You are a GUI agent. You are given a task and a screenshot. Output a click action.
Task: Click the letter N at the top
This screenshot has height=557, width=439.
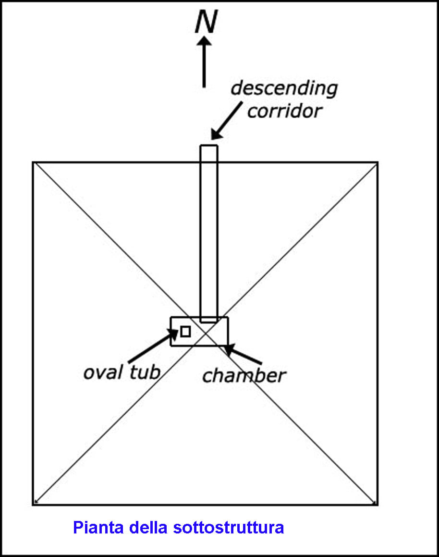click(x=206, y=23)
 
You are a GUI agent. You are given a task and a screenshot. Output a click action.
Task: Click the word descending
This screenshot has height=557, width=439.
click(x=284, y=88)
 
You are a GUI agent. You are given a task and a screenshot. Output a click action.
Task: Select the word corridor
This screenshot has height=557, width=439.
click(x=285, y=111)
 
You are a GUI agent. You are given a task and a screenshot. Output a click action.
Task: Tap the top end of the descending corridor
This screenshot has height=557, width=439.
click(x=209, y=146)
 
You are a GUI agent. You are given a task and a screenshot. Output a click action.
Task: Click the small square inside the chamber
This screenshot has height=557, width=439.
click(x=185, y=331)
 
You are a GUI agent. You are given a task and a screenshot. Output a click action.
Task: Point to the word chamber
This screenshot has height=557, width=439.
click(x=244, y=375)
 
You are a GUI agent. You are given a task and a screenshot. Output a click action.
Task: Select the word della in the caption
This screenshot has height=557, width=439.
click(x=147, y=528)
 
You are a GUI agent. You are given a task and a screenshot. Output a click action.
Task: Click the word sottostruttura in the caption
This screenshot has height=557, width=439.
click(x=229, y=528)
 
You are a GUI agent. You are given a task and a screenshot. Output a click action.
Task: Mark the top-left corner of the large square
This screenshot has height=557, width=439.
click(x=33, y=162)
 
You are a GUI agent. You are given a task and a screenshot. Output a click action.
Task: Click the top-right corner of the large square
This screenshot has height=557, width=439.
click(x=378, y=162)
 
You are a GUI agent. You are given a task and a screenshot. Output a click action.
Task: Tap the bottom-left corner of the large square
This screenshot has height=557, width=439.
click(x=33, y=505)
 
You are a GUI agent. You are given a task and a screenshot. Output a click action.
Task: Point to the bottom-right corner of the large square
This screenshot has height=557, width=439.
click(x=378, y=505)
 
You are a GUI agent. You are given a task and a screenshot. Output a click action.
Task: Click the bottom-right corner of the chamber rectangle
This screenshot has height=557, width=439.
click(x=228, y=346)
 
